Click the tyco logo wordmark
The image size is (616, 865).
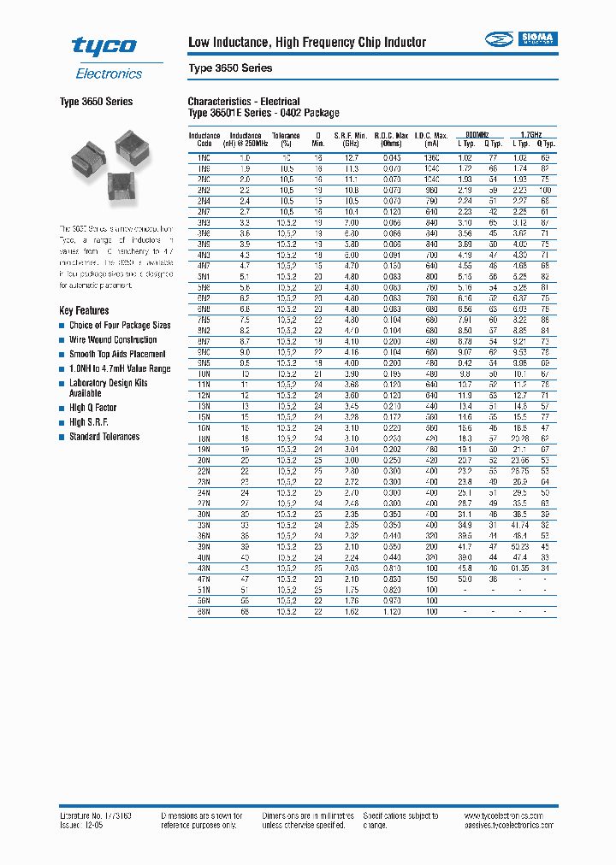tap(104, 46)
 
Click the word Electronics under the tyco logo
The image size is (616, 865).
tap(109, 74)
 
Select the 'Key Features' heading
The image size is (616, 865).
tap(84, 310)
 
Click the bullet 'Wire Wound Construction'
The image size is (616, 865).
tap(113, 339)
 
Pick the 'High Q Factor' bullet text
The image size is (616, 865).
tap(93, 408)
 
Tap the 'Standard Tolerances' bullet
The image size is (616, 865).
tap(104, 437)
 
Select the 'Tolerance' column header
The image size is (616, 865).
tap(287, 136)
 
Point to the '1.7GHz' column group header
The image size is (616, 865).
tap(530, 136)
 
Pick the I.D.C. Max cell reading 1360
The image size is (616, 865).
tap(431, 158)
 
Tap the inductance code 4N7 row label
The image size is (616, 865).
tap(204, 266)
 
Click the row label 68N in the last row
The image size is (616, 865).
tap(204, 611)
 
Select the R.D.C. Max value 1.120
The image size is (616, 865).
tap(392, 611)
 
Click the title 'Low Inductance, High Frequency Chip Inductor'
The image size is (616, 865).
tap(306, 43)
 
